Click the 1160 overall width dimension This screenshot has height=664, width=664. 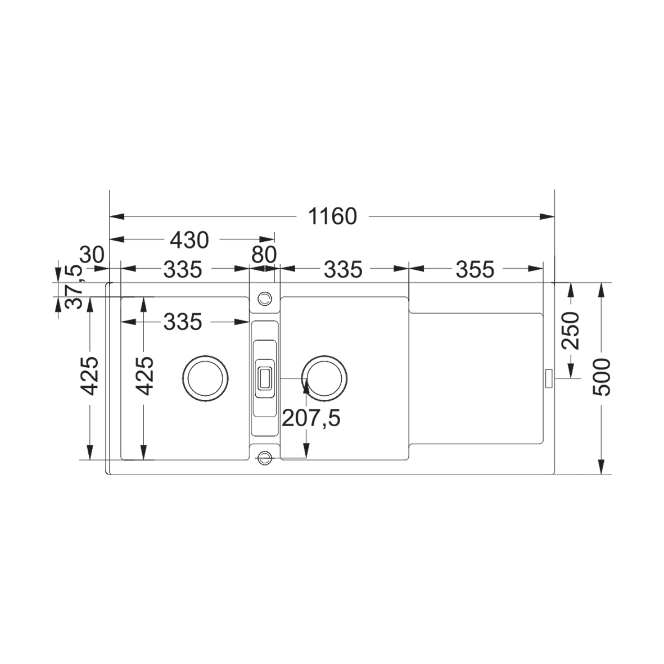332,216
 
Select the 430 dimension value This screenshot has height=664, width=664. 189,240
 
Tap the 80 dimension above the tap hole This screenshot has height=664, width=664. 264,255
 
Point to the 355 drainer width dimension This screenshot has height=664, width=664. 475,270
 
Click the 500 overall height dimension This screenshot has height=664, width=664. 602,377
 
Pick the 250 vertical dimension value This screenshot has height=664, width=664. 571,330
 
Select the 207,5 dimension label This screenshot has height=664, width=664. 311,418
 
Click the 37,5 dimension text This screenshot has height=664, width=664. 74,287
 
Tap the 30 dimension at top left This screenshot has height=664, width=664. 92,255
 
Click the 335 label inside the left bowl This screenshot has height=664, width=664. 182,322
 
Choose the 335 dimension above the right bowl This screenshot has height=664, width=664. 343,270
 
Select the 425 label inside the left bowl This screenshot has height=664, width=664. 145,376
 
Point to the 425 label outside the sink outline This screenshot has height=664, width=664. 89,376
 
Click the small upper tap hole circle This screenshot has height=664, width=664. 264,297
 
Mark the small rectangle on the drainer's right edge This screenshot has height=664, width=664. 548,378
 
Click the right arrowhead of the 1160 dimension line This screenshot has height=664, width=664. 548,216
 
